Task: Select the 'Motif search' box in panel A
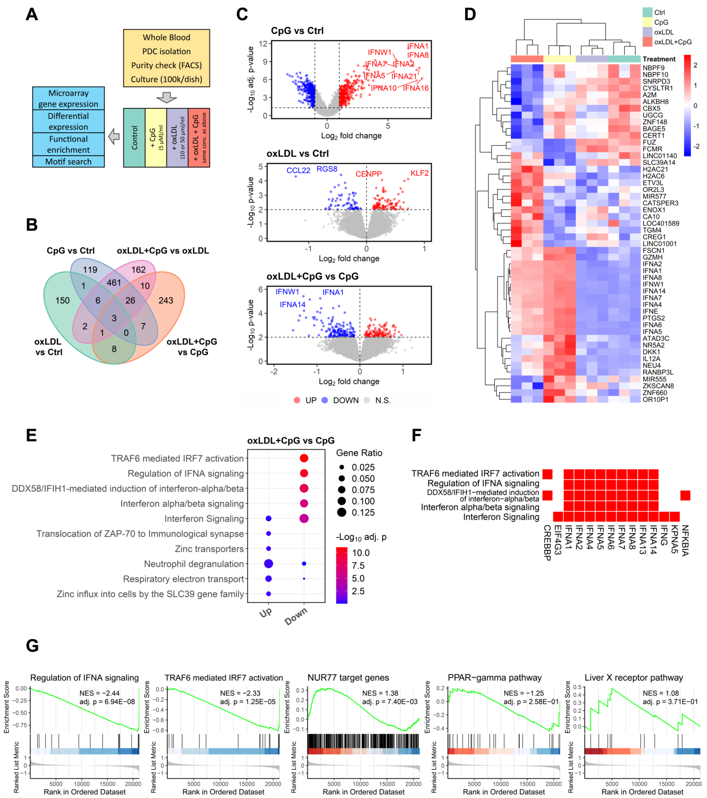[68, 162]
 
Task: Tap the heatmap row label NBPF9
[653, 68]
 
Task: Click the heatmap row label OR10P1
[655, 399]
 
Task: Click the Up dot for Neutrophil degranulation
[268, 564]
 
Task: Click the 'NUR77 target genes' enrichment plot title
[348, 677]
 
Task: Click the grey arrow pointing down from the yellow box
[166, 98]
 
